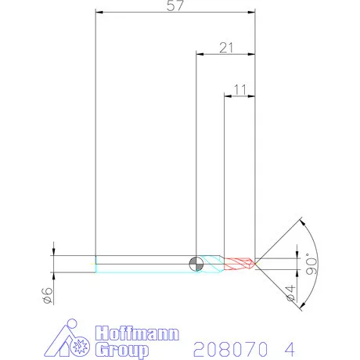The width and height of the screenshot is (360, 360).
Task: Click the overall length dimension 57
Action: coord(176,6)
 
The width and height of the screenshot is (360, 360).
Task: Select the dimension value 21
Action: coord(227,49)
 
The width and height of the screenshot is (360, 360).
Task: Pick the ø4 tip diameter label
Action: coord(290,294)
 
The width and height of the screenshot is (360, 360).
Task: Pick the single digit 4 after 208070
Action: coord(292,346)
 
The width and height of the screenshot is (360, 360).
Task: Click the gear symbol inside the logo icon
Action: coord(78,345)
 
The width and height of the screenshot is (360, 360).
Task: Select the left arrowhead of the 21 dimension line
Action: coord(199,54)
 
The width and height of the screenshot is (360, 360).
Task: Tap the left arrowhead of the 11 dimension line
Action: coord(228,96)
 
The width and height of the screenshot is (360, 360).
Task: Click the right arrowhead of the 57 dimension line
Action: coord(252,12)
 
